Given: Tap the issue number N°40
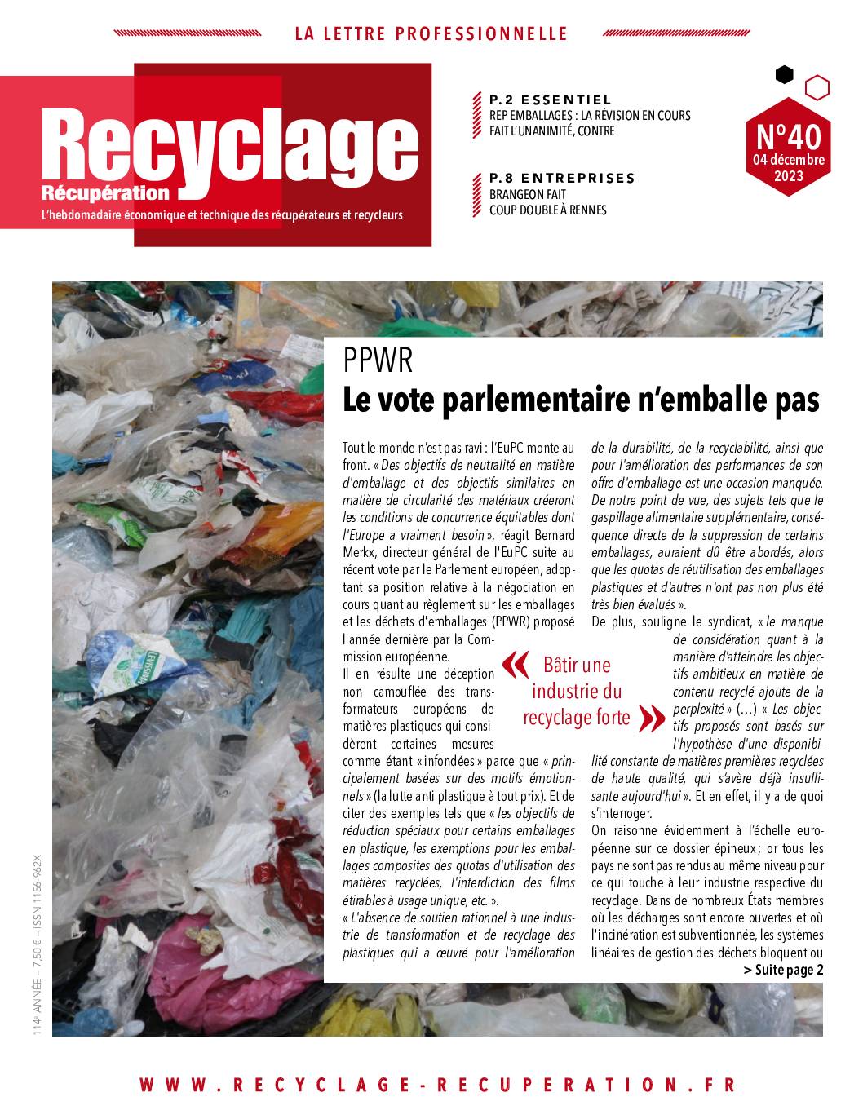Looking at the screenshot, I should click(787, 134).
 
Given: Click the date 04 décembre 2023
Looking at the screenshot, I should click(787, 167).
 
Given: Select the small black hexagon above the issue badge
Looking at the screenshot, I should click(784, 75).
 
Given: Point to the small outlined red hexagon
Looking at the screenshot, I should click(817, 86).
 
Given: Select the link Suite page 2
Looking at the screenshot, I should click(783, 970).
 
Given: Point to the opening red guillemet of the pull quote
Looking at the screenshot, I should click(514, 666).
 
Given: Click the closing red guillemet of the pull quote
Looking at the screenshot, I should click(652, 718).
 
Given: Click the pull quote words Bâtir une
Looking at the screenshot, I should click(577, 666).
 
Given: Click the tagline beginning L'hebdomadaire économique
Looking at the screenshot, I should click(222, 216).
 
